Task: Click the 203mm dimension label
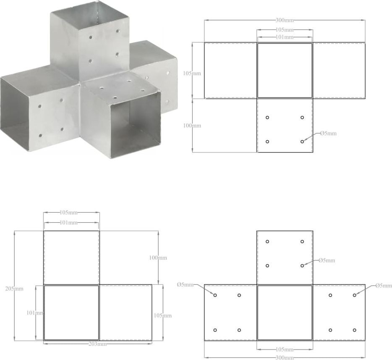[x=97, y=344]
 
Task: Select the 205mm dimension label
[x=14, y=289]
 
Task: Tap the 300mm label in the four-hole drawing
[x=285, y=20]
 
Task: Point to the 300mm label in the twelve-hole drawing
[x=285, y=357]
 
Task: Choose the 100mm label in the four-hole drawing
[x=192, y=126]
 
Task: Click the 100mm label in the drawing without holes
[x=158, y=258]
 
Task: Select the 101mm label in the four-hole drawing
[x=285, y=37]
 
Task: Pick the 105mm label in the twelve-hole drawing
[x=285, y=349]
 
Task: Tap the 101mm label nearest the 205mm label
[x=35, y=313]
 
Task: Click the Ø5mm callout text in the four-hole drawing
[x=328, y=133]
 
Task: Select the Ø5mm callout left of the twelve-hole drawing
[x=185, y=284]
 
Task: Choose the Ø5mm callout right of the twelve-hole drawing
[x=384, y=286]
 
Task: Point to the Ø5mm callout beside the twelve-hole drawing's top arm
[x=327, y=260]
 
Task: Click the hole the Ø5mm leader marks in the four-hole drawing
[x=302, y=142]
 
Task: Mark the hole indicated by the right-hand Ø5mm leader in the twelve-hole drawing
[x=355, y=295]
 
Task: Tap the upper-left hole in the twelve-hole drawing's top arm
[x=267, y=242]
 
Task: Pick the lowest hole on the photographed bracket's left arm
[x=40, y=136]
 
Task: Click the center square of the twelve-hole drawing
[x=285, y=313]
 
